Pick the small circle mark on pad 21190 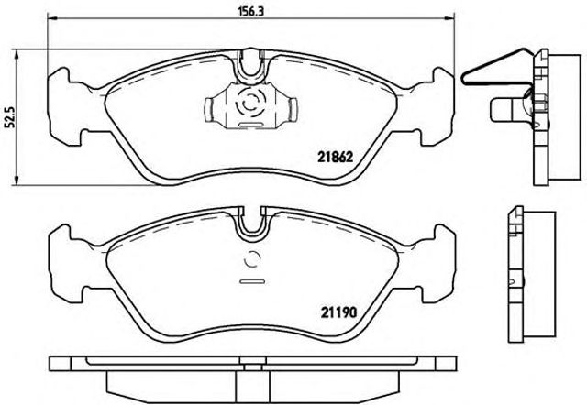pyautogui.click(x=251, y=259)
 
